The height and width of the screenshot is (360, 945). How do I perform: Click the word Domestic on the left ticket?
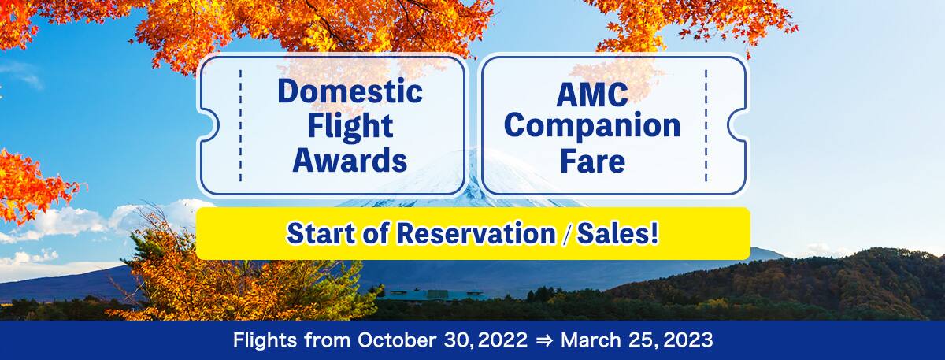(350, 92)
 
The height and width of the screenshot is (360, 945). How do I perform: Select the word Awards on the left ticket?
(350, 160)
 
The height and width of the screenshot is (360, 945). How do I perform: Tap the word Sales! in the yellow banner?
(621, 234)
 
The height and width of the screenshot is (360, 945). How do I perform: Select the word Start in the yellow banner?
(318, 234)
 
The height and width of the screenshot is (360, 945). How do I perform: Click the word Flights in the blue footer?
(264, 341)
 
